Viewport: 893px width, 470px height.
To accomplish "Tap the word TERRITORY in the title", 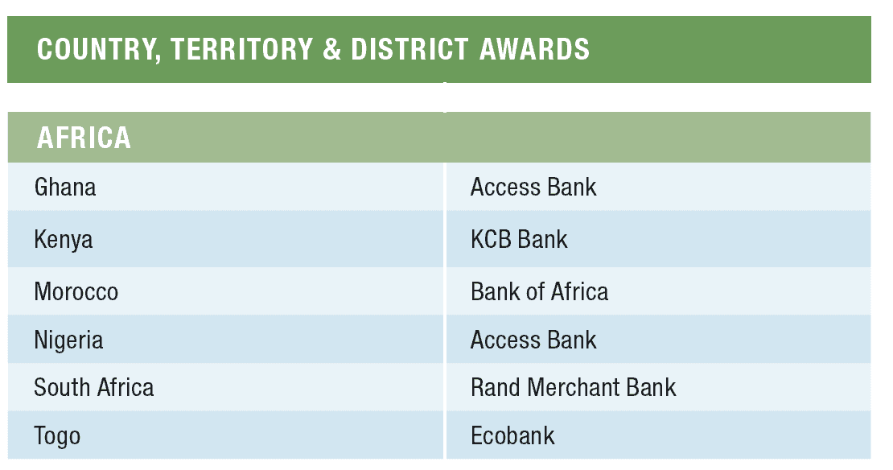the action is pos(241,49).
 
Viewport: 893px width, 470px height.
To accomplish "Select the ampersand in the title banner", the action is pos(332,49).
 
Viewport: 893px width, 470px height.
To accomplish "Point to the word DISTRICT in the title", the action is pos(409,49).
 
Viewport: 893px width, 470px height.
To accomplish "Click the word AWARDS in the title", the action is pos(534,49).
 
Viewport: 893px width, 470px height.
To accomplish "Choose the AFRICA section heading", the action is pos(84,138).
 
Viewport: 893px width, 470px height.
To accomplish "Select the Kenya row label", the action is pos(64,240).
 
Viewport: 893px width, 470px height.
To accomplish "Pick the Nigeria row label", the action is pos(68,340).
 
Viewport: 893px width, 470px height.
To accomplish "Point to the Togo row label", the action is pos(57,436).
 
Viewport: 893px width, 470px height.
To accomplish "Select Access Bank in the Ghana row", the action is pos(533,188).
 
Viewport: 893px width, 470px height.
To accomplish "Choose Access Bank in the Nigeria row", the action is pos(533,340).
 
